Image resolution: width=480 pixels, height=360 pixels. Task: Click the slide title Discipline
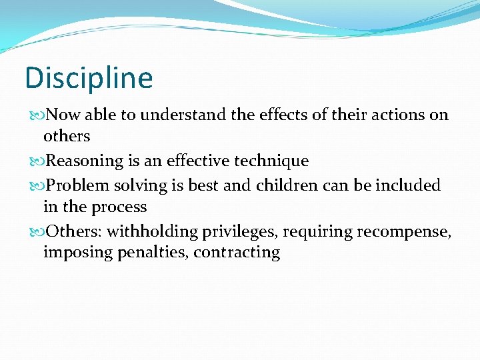89,78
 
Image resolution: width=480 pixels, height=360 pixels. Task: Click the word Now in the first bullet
64,115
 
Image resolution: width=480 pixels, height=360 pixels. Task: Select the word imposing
72,253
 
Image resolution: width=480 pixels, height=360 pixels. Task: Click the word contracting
237,253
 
